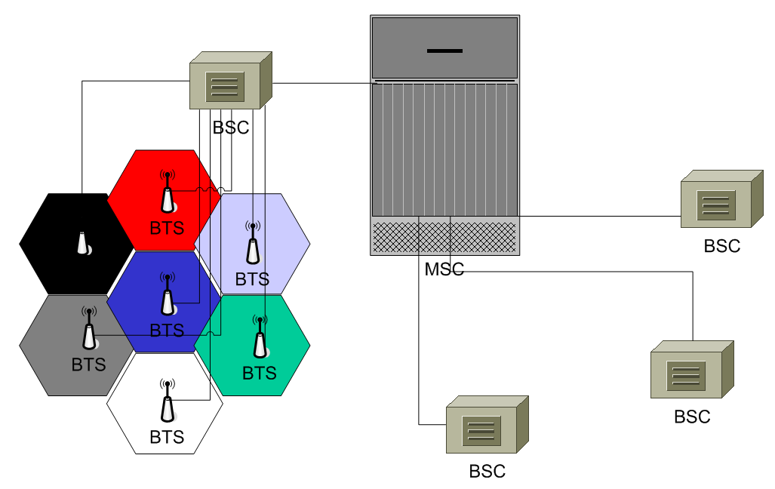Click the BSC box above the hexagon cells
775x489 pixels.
click(230, 81)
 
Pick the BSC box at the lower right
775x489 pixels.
click(691, 370)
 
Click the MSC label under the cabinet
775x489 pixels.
click(444, 269)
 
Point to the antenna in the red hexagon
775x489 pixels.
click(168, 195)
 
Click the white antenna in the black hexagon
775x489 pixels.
click(83, 243)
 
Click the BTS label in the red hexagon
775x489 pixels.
click(167, 228)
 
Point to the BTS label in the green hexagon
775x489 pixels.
click(260, 373)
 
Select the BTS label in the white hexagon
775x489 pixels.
click(167, 437)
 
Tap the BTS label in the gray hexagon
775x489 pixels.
click(89, 365)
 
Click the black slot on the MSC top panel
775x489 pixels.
click(444, 51)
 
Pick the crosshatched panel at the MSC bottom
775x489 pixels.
click(444, 236)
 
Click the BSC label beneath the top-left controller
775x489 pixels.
click(230, 128)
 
